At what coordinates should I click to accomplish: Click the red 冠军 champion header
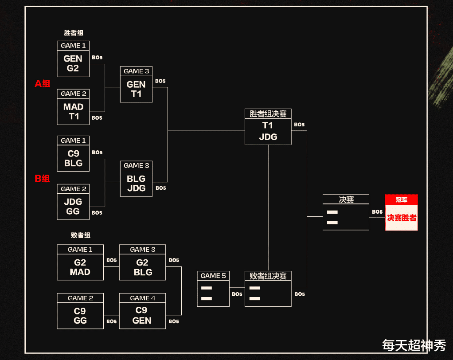pyautogui.click(x=401, y=200)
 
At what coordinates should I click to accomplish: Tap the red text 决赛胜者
pyautogui.click(x=401, y=218)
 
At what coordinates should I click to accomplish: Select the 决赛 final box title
pyautogui.click(x=346, y=200)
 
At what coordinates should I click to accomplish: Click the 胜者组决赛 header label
pyautogui.click(x=268, y=113)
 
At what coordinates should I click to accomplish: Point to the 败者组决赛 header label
pyautogui.click(x=268, y=276)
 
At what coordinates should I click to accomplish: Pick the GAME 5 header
pyautogui.click(x=213, y=276)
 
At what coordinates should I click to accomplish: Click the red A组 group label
pyautogui.click(x=43, y=83)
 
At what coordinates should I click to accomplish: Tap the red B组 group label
pyautogui.click(x=43, y=179)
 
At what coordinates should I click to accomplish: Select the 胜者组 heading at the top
pyautogui.click(x=74, y=33)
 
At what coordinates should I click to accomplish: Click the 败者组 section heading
pyautogui.click(x=80, y=235)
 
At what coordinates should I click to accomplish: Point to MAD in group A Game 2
pyautogui.click(x=73, y=107)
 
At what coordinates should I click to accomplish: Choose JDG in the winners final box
pyautogui.click(x=268, y=137)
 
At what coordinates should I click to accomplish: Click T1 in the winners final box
pyautogui.click(x=268, y=125)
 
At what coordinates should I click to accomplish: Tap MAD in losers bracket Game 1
pyautogui.click(x=80, y=272)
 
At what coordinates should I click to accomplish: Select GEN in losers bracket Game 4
pyautogui.click(x=142, y=320)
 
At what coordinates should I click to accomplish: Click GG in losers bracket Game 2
pyautogui.click(x=80, y=320)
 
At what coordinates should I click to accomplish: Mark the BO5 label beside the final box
pyautogui.click(x=377, y=212)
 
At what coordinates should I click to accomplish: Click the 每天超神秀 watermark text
pyautogui.click(x=414, y=345)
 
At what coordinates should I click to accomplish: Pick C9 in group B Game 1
pyautogui.click(x=73, y=153)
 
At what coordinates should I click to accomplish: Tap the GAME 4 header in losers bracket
pyautogui.click(x=142, y=298)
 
